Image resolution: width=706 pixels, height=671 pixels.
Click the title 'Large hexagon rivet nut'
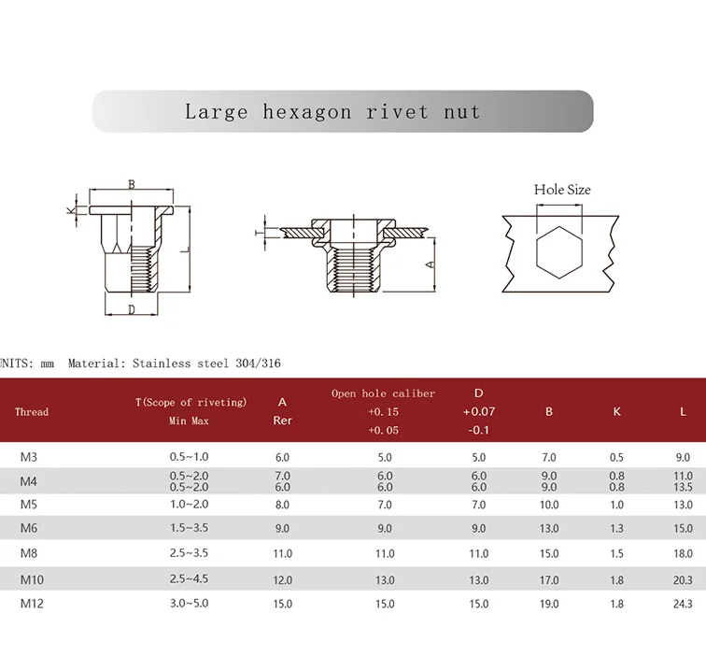(x=332, y=112)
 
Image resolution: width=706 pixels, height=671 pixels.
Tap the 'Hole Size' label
(x=562, y=190)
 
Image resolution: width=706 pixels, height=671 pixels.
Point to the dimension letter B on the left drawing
(x=132, y=184)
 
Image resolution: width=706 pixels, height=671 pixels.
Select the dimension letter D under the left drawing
(x=132, y=309)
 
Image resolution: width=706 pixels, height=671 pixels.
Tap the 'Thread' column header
(x=32, y=412)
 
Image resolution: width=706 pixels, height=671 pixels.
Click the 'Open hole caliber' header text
(x=383, y=393)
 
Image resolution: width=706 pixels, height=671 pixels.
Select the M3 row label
(x=29, y=458)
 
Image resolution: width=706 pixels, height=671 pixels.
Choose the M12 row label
(x=32, y=604)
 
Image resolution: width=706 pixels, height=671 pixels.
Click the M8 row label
(x=30, y=553)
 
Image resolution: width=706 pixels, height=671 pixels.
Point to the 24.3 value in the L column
(x=683, y=604)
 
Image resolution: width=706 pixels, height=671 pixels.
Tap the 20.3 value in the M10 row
(x=683, y=579)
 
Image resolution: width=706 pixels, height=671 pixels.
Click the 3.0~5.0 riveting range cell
(x=190, y=604)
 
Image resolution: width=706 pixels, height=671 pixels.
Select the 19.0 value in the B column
(x=549, y=604)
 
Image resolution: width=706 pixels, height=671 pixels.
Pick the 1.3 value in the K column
(x=616, y=529)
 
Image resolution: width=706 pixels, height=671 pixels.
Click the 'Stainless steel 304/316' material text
(x=206, y=364)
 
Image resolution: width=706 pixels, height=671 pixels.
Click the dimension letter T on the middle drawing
(x=258, y=229)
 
